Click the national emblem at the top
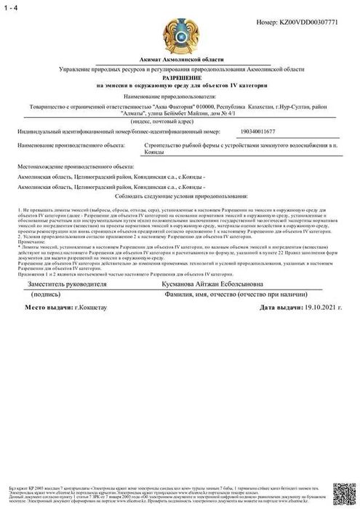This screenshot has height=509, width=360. [x=180, y=28]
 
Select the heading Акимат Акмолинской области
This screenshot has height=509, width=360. [x=180, y=57]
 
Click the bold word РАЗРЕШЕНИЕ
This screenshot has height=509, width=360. [x=180, y=76]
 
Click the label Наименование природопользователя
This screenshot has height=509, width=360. [x=180, y=95]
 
